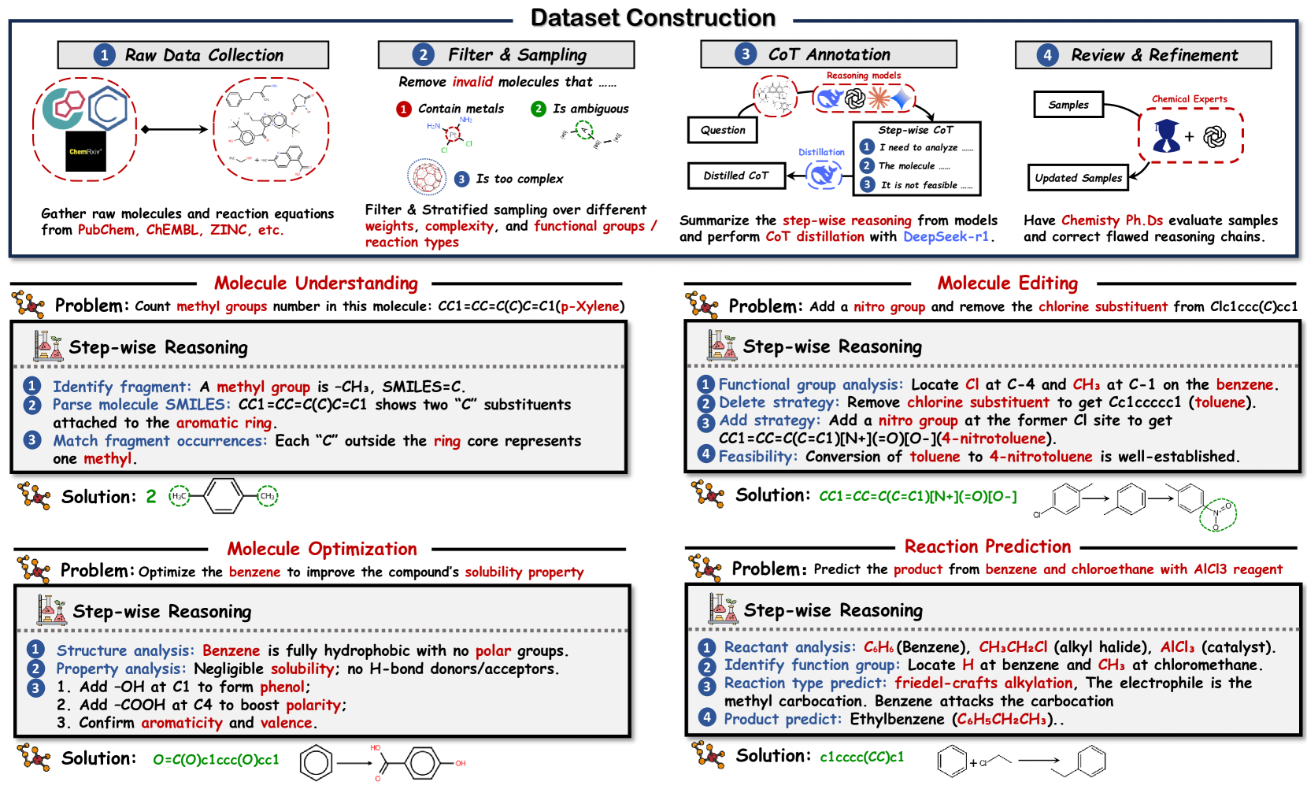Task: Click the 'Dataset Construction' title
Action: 653,17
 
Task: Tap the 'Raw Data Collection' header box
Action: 193,55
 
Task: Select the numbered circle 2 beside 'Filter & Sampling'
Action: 424,54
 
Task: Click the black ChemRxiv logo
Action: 85,151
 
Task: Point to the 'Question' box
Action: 723,130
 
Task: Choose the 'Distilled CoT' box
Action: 735,176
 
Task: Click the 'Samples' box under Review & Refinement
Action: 1068,105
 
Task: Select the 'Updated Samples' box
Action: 1078,178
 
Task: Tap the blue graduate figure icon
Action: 1166,136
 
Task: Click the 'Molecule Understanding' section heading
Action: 316,283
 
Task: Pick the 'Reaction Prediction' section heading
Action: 987,546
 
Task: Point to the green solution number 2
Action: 151,497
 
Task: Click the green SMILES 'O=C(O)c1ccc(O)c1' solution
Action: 216,760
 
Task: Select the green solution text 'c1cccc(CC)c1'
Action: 861,757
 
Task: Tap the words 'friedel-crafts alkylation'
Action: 983,683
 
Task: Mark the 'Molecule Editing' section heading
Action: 1007,283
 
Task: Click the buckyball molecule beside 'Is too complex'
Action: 427,176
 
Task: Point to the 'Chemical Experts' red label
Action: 1189,99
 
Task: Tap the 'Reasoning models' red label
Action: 863,76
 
